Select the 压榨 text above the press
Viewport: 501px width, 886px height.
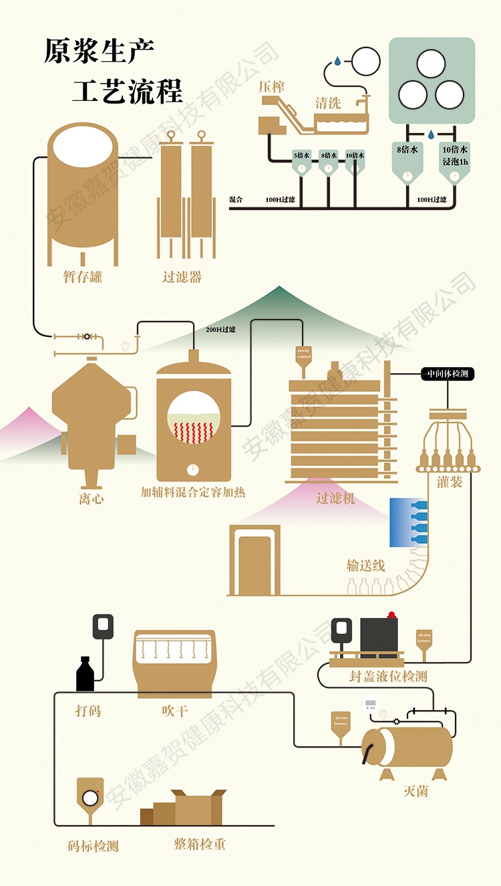pos(272,87)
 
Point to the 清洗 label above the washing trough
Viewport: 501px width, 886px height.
pos(328,103)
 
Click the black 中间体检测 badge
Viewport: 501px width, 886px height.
pos(448,374)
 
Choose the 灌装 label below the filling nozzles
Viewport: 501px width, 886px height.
pos(450,481)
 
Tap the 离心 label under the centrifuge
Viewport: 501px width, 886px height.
pos(91,498)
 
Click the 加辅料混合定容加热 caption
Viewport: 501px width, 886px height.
pos(193,492)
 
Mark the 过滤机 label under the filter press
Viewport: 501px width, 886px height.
pos(336,497)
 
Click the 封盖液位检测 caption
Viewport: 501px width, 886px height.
pos(388,676)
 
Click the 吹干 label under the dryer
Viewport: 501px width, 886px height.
pos(174,711)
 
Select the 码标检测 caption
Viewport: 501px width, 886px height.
pos(93,847)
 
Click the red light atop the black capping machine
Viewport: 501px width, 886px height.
pos(392,614)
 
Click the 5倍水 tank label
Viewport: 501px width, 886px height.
pos(302,155)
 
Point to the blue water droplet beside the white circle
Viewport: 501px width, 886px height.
pos(338,61)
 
